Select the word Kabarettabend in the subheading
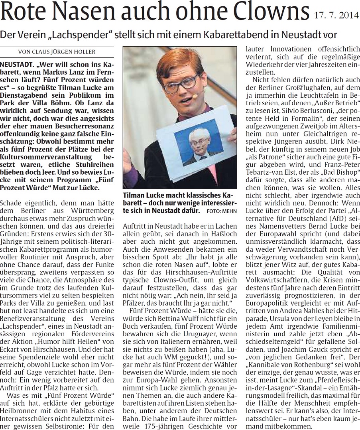pos(236,35)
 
